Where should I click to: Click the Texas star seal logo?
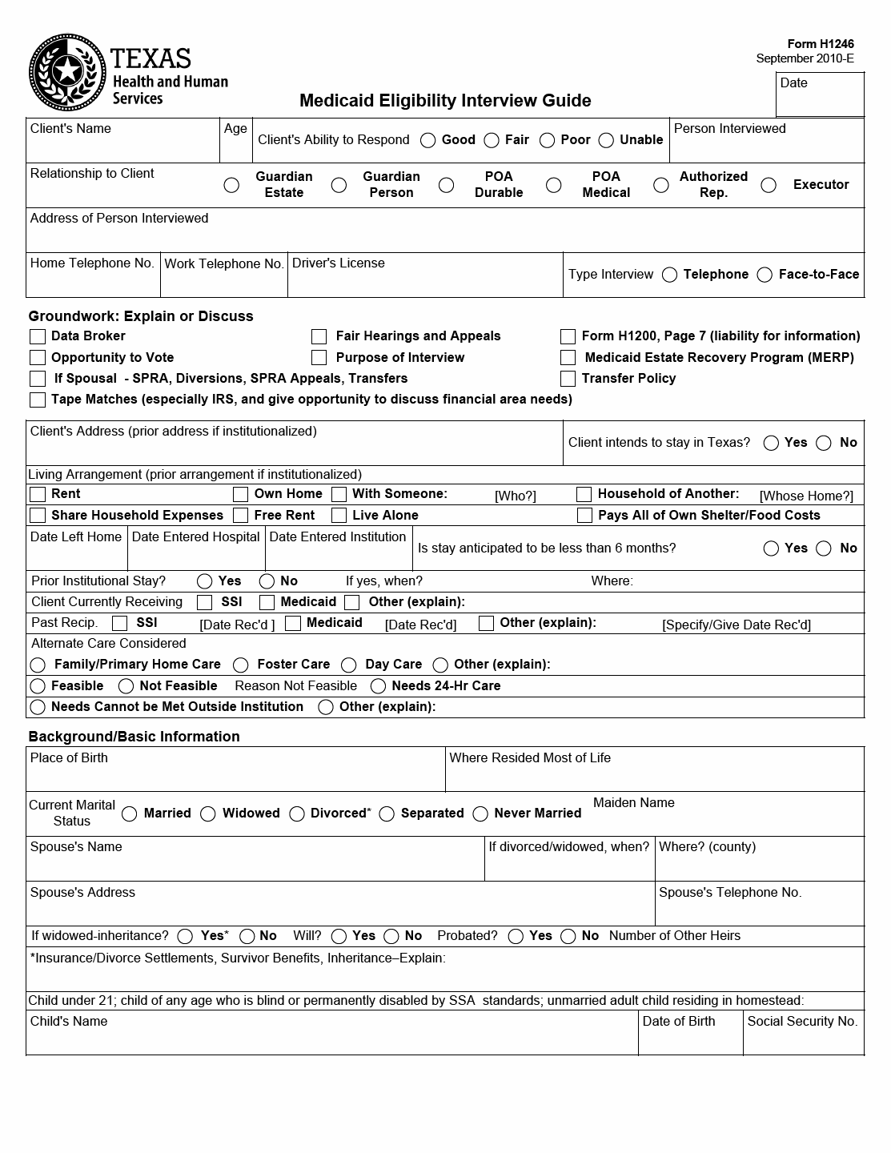click(x=67, y=73)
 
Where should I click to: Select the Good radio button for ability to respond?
click(x=428, y=141)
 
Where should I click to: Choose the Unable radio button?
click(x=606, y=141)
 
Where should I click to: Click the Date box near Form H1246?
click(x=820, y=95)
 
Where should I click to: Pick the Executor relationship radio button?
click(x=769, y=186)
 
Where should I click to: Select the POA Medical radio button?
click(x=553, y=186)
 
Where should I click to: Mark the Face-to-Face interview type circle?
click(x=765, y=275)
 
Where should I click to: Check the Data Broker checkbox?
click(x=38, y=336)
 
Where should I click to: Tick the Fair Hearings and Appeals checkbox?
click(x=319, y=336)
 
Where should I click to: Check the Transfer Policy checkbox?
click(x=568, y=379)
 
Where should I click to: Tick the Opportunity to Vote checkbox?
click(x=38, y=358)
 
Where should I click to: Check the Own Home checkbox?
click(x=240, y=495)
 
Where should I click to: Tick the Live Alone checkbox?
click(x=339, y=516)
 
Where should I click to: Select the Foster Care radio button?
click(x=241, y=665)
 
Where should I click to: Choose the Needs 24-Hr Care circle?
click(x=378, y=686)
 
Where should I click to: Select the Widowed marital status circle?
click(x=208, y=814)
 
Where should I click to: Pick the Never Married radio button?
click(x=480, y=814)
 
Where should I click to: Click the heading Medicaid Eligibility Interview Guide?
click(x=445, y=101)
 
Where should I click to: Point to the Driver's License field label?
click(x=339, y=263)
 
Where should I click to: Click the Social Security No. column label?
click(x=802, y=1022)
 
